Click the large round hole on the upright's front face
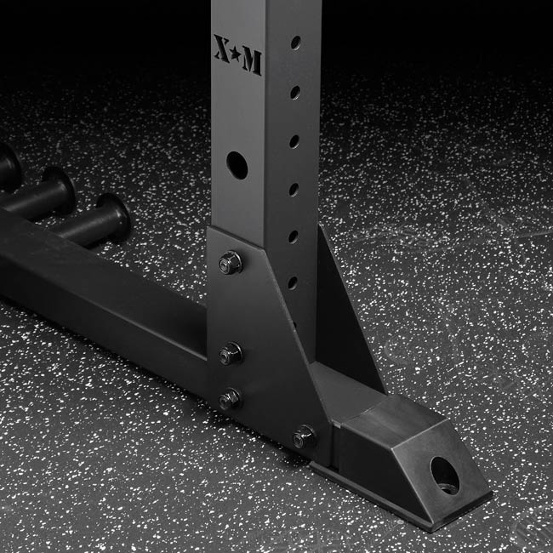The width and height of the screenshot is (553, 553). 237,164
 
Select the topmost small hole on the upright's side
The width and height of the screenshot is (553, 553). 295,42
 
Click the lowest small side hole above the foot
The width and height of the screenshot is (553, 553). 292,282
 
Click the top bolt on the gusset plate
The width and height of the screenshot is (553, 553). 231,262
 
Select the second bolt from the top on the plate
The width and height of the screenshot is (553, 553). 230,352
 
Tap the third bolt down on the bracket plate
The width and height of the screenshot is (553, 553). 230,398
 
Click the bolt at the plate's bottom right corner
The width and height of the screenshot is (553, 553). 304,438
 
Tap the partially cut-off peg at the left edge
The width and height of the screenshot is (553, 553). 9,166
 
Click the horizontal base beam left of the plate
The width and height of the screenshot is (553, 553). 102,289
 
